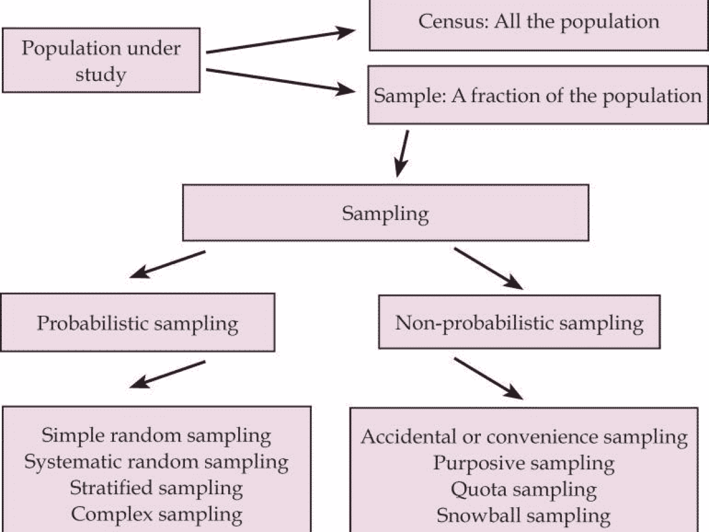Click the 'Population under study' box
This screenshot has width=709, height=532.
(101, 61)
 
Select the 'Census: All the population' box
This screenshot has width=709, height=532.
(538, 24)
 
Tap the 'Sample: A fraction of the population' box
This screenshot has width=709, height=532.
(538, 95)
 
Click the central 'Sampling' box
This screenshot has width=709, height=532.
(385, 213)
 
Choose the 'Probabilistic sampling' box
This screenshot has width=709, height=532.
(138, 323)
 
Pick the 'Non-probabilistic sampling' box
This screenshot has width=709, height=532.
(519, 323)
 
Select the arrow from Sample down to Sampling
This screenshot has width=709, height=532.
(403, 154)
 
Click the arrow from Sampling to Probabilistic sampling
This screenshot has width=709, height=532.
(167, 264)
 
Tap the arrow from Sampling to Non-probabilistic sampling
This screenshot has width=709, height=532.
(489, 268)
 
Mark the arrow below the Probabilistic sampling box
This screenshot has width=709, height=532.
(167, 374)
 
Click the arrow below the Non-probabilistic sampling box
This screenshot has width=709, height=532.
(489, 379)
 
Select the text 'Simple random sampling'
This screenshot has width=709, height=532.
(156, 436)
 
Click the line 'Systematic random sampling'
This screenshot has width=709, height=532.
(156, 462)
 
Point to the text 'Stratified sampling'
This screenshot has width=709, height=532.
(156, 488)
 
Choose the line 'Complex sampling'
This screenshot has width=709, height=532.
(156, 514)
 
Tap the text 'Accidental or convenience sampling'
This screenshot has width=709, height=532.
(524, 437)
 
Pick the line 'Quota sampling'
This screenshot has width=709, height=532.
(524, 489)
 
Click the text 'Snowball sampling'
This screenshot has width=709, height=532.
(524, 515)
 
